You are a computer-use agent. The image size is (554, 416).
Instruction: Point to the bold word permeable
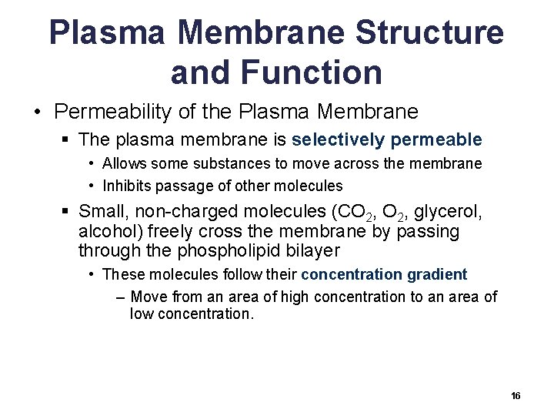pyautogui.click(x=436, y=139)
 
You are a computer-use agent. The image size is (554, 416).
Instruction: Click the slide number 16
pyautogui.click(x=516, y=395)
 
